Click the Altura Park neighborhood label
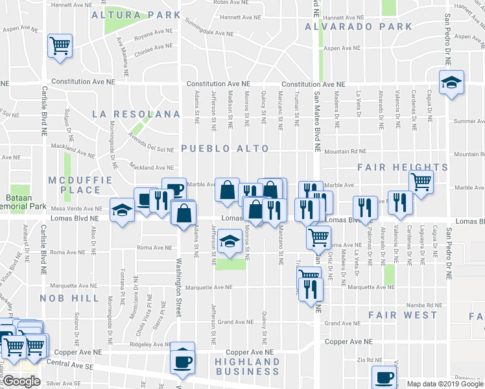[136, 14]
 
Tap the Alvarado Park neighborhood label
[359, 27]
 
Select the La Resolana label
[136, 114]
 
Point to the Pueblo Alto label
[224, 148]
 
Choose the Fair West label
[403, 315]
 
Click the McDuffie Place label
[72, 184]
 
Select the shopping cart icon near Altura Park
[60, 46]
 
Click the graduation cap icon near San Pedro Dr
[451, 82]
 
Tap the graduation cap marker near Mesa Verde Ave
[122, 210]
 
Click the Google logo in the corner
[22, 382]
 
